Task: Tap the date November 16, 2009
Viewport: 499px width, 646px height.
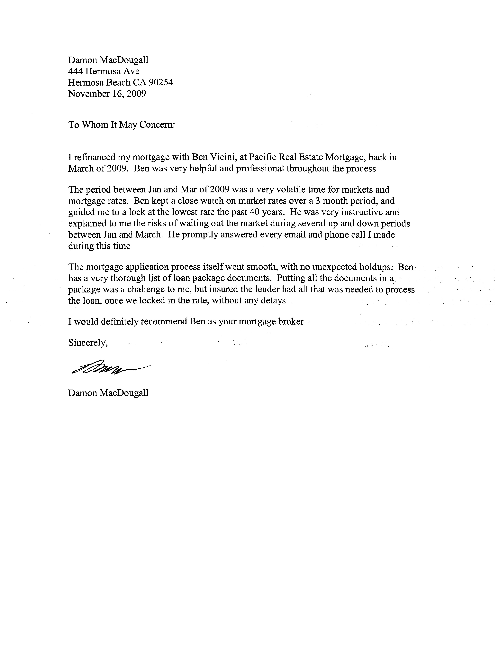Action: pyautogui.click(x=107, y=94)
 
